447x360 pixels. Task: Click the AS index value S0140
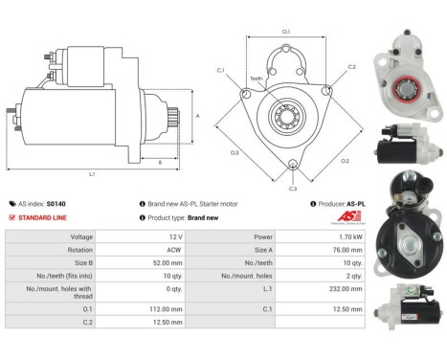(x=63, y=204)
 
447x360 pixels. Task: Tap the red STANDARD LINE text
(x=45, y=217)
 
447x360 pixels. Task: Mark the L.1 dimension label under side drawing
(x=93, y=174)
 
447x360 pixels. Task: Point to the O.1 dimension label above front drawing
(x=286, y=32)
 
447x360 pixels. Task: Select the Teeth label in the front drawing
(x=256, y=79)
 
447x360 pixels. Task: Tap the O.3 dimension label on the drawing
(x=234, y=152)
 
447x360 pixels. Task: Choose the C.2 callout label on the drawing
(x=351, y=67)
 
